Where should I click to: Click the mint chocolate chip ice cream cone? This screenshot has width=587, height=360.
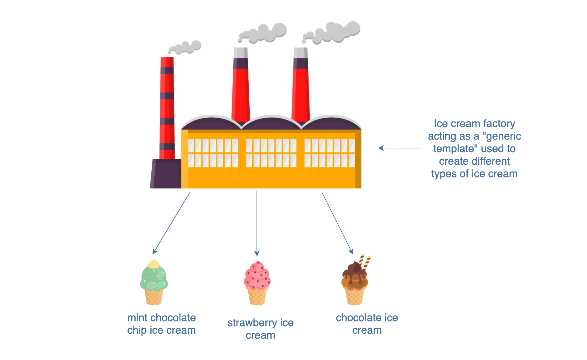(x=154, y=282)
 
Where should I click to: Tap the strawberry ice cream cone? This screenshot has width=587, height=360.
(x=257, y=283)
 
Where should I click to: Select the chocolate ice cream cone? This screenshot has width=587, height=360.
(x=356, y=280)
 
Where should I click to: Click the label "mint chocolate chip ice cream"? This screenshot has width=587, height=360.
(x=162, y=324)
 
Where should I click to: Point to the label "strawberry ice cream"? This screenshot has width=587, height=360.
(x=261, y=329)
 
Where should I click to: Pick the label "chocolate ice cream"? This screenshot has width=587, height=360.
(x=367, y=324)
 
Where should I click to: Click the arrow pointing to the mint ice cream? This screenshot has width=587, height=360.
(x=171, y=223)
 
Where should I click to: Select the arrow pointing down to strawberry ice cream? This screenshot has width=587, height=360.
(x=257, y=223)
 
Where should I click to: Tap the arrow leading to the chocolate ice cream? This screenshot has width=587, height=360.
(x=337, y=223)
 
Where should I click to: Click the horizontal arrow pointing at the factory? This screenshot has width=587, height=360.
(x=400, y=148)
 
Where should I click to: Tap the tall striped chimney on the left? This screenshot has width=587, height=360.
(x=167, y=108)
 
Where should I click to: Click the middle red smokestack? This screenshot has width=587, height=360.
(x=241, y=85)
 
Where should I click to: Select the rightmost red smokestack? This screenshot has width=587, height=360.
(x=301, y=85)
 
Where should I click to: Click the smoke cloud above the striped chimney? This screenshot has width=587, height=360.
(x=185, y=47)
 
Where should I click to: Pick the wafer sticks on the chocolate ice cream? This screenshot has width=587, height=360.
(x=365, y=262)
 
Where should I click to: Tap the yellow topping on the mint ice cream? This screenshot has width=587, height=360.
(x=154, y=264)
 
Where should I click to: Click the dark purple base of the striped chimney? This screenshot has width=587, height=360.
(x=166, y=174)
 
